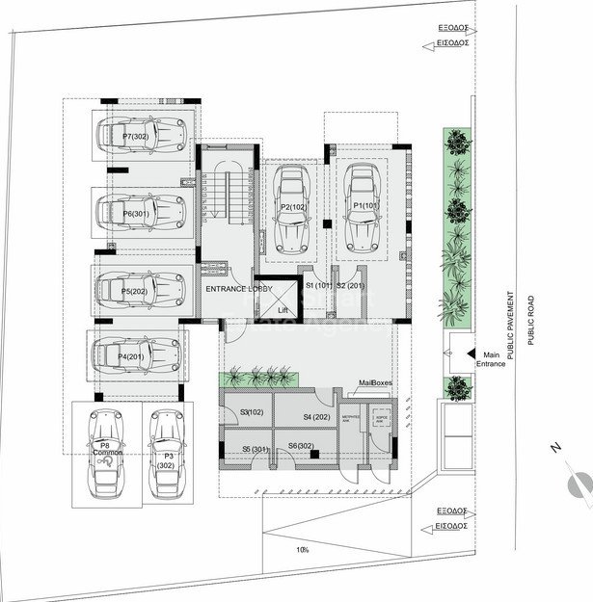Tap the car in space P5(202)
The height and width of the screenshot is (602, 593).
[141, 288]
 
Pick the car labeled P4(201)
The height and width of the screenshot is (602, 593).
[136, 355]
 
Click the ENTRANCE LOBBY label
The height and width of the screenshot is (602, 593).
[239, 288]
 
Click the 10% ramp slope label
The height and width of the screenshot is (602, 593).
[304, 550]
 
